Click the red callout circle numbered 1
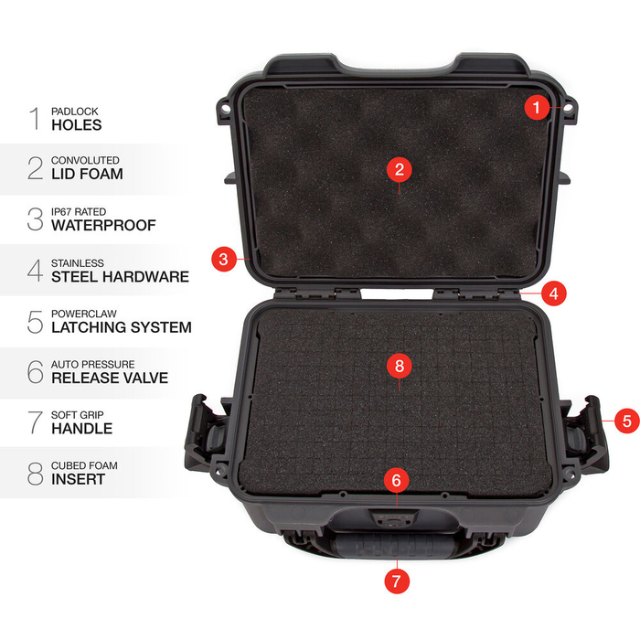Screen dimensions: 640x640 tap(538, 107)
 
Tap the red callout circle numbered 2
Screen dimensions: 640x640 tap(398, 169)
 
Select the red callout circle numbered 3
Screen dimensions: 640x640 tap(224, 259)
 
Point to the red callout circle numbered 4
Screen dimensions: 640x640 tap(553, 293)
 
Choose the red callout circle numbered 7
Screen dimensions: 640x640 tap(397, 580)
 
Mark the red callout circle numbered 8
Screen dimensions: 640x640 tap(398, 366)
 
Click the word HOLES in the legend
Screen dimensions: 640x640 tap(77, 124)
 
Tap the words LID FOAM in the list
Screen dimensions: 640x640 tap(87, 174)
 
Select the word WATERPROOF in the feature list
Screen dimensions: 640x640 tap(103, 225)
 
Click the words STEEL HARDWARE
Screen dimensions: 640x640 tap(120, 276)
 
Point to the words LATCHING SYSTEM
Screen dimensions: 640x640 tap(122, 326)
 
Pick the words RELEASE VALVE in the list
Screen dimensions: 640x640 tap(110, 378)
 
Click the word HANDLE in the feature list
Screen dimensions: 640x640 tap(81, 428)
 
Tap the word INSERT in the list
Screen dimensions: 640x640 tap(79, 478)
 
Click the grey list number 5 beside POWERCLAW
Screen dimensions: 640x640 tap(36, 321)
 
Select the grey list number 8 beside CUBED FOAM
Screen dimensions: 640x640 tap(36, 473)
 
